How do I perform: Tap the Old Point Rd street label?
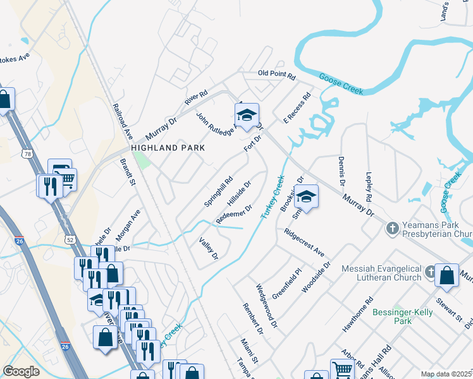[x=276, y=75]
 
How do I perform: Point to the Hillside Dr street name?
[x=240, y=193]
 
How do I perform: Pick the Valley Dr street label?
[x=208, y=249]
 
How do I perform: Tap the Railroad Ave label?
[x=123, y=121]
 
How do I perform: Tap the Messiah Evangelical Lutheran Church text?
[x=381, y=273]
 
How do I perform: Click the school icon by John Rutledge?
[x=246, y=114]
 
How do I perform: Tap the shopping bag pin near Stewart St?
[x=446, y=275]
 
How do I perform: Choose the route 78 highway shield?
[x=27, y=153]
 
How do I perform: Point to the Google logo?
[x=21, y=371]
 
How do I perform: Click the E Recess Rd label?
[x=297, y=108]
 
